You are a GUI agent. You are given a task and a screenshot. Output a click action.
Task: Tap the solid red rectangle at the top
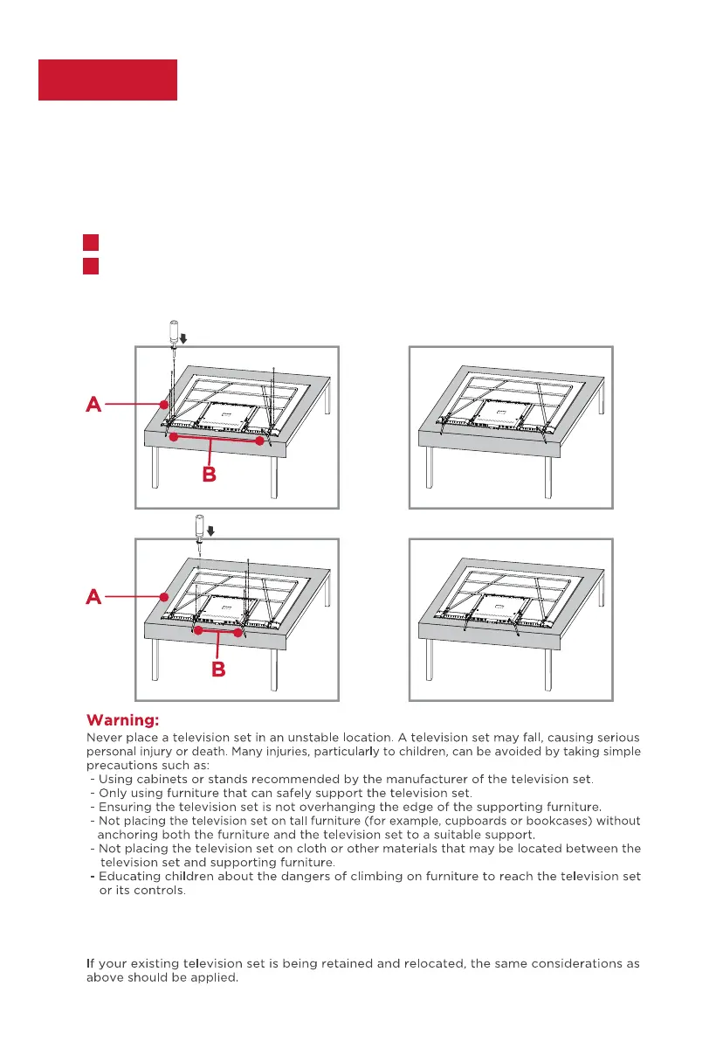pos(107,80)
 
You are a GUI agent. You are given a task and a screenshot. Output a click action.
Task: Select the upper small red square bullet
pos(90,241)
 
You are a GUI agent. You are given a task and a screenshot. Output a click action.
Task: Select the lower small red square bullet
pos(90,265)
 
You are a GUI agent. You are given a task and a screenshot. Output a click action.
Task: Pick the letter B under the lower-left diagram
pos(219,670)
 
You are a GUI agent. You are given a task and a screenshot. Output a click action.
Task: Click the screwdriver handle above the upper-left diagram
pos(172,332)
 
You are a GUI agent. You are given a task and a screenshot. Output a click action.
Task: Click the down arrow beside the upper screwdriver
pos(184,337)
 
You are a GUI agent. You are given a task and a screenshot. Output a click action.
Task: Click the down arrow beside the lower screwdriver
pos(210,531)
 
